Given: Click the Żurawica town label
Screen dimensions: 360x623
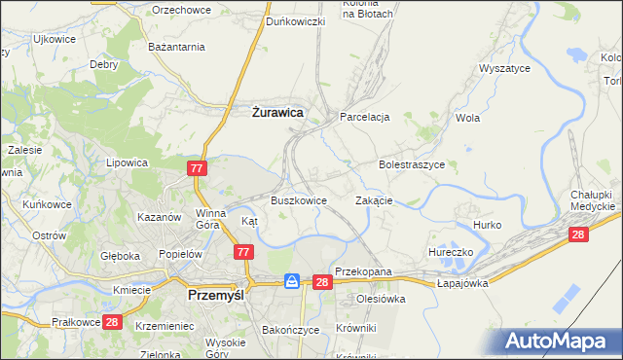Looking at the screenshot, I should pyautogui.click(x=272, y=113).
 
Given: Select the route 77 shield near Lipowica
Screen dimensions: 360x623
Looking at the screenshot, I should pyautogui.click(x=198, y=168).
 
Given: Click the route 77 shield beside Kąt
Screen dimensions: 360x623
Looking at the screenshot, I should pyautogui.click(x=244, y=252).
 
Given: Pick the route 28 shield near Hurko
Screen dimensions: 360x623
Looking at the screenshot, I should pyautogui.click(x=578, y=234).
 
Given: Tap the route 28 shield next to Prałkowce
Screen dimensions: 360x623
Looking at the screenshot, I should pyautogui.click(x=112, y=322).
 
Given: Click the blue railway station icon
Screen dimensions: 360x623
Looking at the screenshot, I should pyautogui.click(x=292, y=281).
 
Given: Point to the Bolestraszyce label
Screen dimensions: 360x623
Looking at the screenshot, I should pyautogui.click(x=412, y=165).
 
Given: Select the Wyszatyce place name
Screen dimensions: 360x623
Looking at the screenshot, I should pyautogui.click(x=503, y=69).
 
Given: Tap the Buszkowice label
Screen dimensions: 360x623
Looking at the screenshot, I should pyautogui.click(x=299, y=200).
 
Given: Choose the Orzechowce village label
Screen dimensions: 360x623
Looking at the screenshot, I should pyautogui.click(x=181, y=9).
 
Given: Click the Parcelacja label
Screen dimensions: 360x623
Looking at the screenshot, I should pyautogui.click(x=365, y=117).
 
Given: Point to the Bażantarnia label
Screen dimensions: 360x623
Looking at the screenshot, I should pyautogui.click(x=176, y=47).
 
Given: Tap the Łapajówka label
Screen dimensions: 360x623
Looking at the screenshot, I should pyautogui.click(x=461, y=283).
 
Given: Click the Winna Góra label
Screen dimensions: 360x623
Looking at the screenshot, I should pyautogui.click(x=210, y=219).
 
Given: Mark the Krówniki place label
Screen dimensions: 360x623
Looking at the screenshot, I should pyautogui.click(x=355, y=328).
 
